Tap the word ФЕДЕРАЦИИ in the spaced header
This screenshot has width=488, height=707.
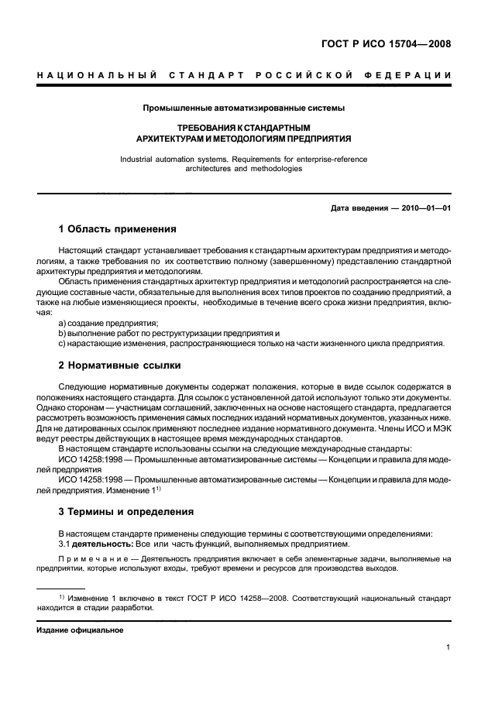[x=411, y=75]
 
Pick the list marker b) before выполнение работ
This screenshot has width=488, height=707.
[x=62, y=332]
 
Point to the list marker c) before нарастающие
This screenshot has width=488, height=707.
[x=62, y=342]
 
